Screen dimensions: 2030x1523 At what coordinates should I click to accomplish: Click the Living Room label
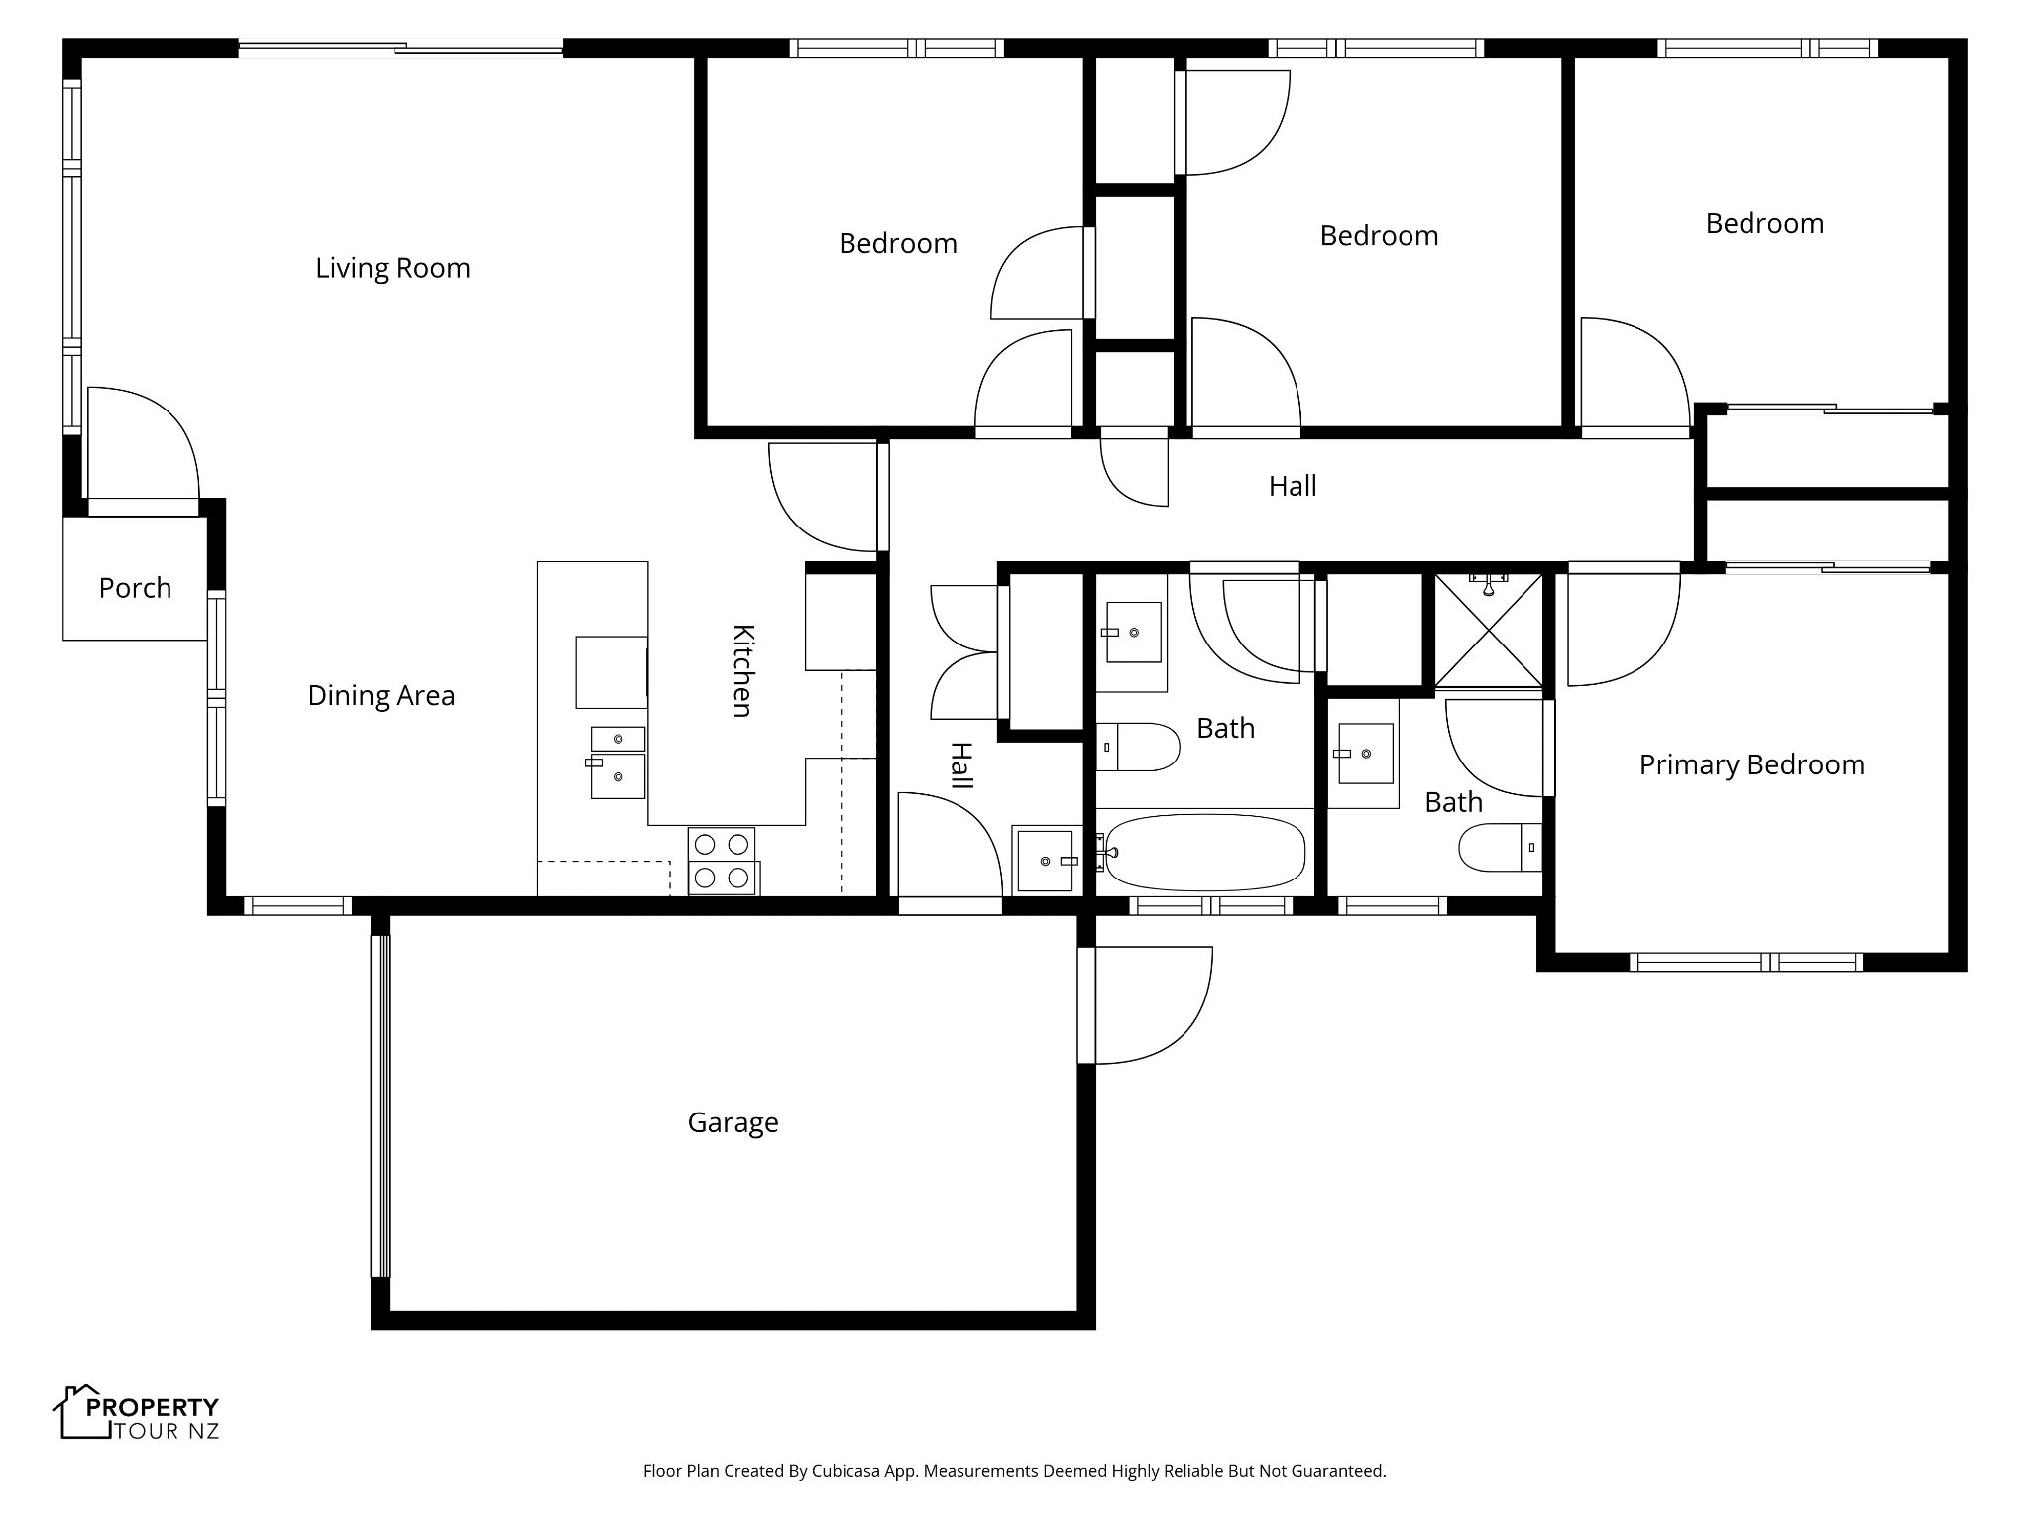tap(393, 268)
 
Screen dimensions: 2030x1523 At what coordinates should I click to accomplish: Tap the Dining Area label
tap(382, 696)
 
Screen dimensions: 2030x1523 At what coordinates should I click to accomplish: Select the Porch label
tap(135, 588)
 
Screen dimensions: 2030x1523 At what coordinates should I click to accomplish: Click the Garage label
tap(733, 1122)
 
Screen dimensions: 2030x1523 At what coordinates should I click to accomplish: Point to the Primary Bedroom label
tap(1751, 764)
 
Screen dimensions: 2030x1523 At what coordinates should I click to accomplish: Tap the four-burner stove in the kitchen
tap(723, 861)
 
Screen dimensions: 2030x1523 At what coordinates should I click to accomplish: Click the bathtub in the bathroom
tap(1204, 852)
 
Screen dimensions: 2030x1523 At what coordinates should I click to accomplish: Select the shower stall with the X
tap(1489, 630)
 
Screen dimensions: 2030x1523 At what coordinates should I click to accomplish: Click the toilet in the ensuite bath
tap(1501, 847)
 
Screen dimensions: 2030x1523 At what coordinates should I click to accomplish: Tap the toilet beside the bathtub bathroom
tap(1138, 747)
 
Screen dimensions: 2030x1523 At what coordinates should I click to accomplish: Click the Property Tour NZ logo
tap(136, 1413)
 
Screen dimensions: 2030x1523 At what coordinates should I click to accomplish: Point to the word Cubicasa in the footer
tap(848, 1471)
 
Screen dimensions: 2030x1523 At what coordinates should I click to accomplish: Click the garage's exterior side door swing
tap(1154, 1005)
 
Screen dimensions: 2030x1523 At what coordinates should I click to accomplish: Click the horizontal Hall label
tap(1293, 486)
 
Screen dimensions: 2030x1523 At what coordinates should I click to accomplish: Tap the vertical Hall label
tap(961, 765)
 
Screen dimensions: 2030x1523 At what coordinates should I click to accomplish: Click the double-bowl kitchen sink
tap(618, 762)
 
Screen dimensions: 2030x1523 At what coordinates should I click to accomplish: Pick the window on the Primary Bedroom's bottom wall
tap(1747, 962)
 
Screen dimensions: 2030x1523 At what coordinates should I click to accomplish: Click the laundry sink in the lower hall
tap(1045, 859)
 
